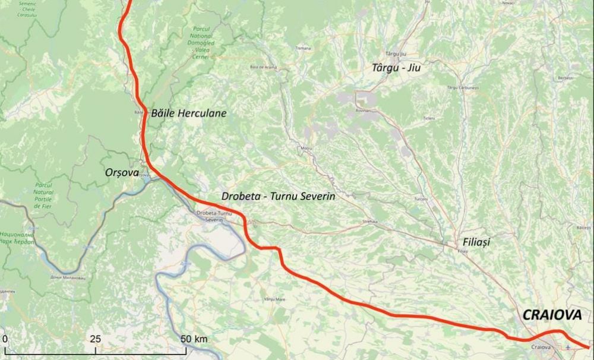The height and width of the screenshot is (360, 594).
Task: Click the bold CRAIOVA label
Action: point(551,316)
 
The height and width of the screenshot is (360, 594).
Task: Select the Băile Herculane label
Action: point(189,112)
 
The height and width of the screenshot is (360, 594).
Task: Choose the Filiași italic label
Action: point(476,242)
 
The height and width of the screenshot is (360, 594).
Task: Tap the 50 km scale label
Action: point(194,339)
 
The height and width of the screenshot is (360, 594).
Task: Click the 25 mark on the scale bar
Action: point(95,339)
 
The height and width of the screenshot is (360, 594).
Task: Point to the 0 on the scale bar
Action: point(5,339)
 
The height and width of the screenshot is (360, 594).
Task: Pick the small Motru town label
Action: point(307,147)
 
